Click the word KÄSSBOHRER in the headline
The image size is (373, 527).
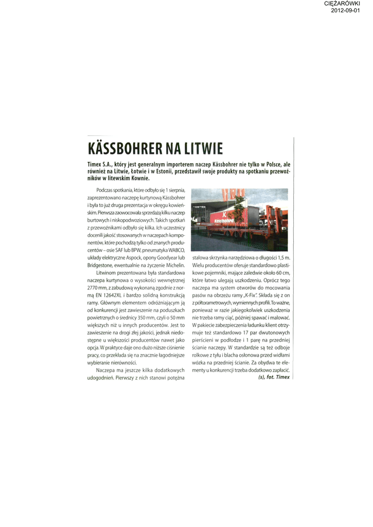pos(122,149)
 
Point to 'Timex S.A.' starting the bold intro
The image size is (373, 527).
pos(100,164)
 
